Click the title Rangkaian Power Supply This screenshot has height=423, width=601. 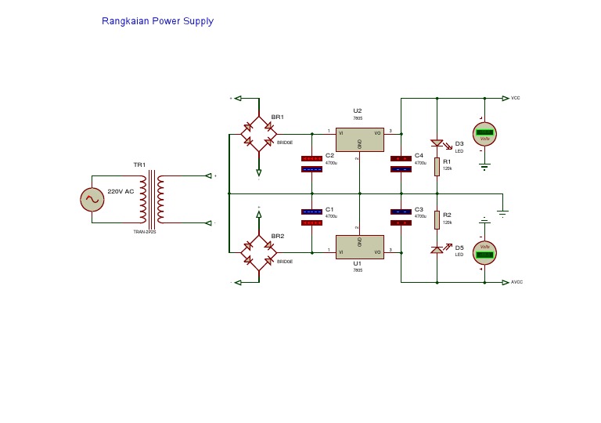coord(157,21)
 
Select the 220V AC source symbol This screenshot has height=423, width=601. coord(92,200)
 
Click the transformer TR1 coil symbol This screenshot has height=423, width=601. coord(152,199)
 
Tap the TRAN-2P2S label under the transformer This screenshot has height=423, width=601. coord(145,232)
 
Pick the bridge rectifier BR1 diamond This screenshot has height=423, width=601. coord(258,134)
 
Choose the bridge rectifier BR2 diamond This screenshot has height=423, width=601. coord(258,252)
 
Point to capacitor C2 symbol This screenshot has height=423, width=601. coord(311,164)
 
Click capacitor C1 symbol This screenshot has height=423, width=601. coord(311,217)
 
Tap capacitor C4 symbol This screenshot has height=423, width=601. coord(401,164)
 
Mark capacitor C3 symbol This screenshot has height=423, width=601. coord(401,217)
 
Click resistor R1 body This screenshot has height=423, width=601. coord(437,165)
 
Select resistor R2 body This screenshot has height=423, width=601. coord(437,220)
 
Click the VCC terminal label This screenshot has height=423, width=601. coord(515,98)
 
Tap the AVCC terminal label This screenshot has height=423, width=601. coord(516,282)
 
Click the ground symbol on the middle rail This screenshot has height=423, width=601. coord(503,211)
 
